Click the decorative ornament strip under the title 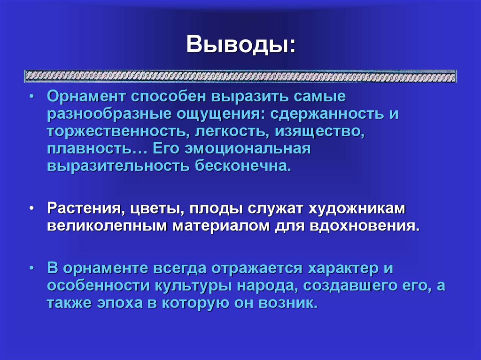[x=240, y=76]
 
